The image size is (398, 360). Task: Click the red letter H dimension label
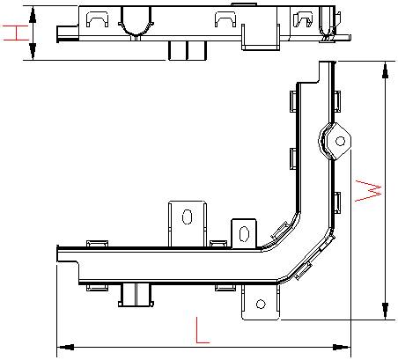tap(16, 33)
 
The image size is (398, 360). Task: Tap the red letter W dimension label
tap(368, 191)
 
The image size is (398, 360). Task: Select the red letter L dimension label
tap(203, 330)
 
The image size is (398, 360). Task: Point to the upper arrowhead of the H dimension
tap(33, 15)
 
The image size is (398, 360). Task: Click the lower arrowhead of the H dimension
tap(33, 51)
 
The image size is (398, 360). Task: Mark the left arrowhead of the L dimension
tap(65, 348)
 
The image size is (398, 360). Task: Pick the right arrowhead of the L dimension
tap(342, 348)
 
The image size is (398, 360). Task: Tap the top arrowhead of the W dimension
tap(385, 70)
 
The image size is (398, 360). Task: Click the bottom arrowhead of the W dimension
tap(385, 311)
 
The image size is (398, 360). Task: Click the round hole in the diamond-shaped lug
tap(340, 142)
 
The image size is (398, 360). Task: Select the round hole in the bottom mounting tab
tap(261, 304)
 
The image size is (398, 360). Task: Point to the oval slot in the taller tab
tap(188, 217)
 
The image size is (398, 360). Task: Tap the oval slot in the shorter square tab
tap(244, 234)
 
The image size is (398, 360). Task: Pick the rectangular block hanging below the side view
tap(188, 50)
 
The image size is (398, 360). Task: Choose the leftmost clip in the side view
tap(98, 19)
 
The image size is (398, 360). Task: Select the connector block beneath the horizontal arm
tap(136, 295)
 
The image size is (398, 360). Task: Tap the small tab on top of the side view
tap(244, 4)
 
